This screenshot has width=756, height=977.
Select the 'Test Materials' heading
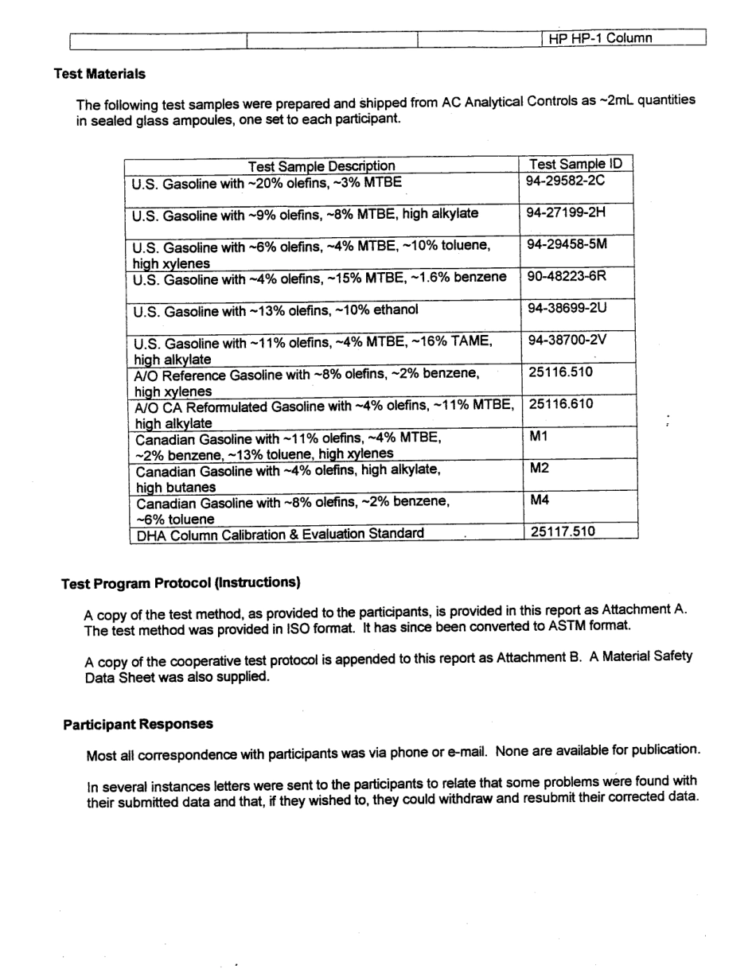point(99,74)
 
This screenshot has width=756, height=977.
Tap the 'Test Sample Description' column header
point(321,165)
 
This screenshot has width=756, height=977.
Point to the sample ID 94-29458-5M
point(567,244)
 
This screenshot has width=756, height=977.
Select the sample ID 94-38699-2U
point(567,308)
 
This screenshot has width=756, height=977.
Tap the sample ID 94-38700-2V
point(567,340)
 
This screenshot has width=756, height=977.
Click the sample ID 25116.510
point(560,372)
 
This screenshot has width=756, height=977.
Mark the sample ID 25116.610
point(561,403)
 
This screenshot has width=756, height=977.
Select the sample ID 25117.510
point(563,531)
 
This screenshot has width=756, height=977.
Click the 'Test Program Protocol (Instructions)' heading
point(181,583)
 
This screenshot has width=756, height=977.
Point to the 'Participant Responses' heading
point(138,724)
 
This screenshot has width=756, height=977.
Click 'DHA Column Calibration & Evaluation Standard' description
point(280,533)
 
